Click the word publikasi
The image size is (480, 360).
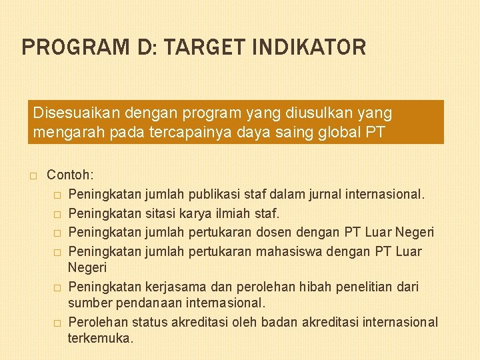pos(217,195)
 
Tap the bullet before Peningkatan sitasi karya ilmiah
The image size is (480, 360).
pos(57,213)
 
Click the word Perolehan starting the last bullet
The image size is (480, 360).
pos(98,322)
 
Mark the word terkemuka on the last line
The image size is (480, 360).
pos(100,338)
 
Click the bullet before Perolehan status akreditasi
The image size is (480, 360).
pos(57,323)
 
